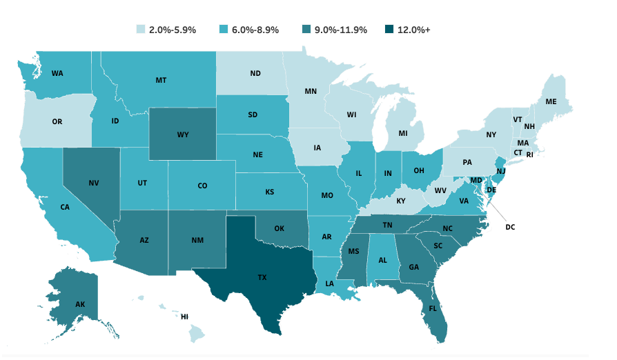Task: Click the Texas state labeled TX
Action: point(262,277)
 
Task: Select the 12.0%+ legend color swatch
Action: point(391,30)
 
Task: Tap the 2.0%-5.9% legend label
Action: point(173,30)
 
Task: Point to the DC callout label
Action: point(510,226)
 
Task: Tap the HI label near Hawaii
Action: point(184,317)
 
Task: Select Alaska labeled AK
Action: point(80,303)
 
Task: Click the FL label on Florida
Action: point(431,308)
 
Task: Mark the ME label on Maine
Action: point(551,101)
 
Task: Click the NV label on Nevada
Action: point(93,183)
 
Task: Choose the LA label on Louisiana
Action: point(331,283)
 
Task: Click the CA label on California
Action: point(65,207)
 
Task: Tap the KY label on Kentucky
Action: point(401,201)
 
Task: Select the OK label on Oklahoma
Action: point(279,228)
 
